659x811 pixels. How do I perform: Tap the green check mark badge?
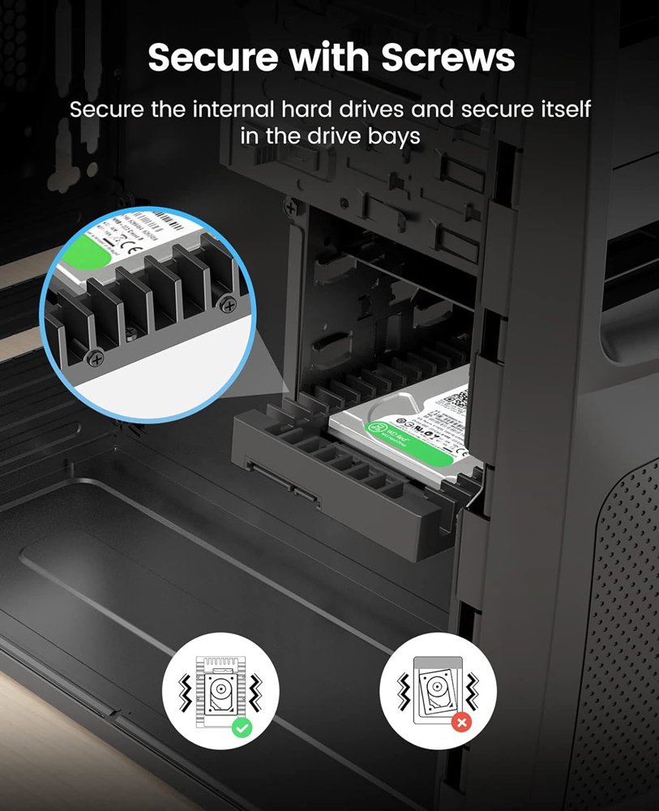coord(241,727)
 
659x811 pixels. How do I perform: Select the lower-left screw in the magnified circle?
coord(96,356)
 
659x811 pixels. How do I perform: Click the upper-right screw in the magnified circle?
coord(229,305)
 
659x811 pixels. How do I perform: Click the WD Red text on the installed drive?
coord(389,431)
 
